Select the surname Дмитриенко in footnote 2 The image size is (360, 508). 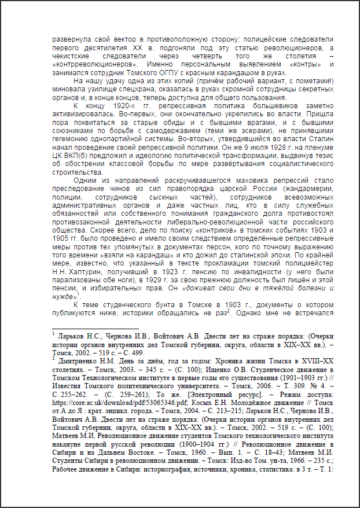coord(90,360)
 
